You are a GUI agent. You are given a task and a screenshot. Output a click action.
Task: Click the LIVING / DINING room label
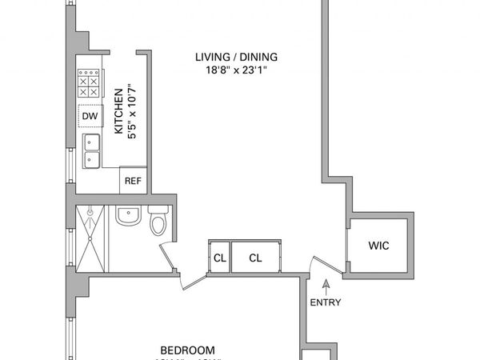click(x=237, y=56)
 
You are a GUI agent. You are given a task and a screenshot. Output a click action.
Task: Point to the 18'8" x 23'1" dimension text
click(x=237, y=70)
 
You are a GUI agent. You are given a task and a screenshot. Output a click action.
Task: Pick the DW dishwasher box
click(x=89, y=117)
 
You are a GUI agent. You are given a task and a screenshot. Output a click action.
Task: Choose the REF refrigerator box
click(x=133, y=181)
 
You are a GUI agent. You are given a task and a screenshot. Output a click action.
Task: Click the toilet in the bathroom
click(x=158, y=220)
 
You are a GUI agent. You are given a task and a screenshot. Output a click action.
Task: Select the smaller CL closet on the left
click(x=219, y=258)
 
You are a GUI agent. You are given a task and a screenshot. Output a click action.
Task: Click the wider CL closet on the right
click(x=255, y=258)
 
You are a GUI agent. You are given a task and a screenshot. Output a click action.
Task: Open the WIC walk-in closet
click(x=378, y=246)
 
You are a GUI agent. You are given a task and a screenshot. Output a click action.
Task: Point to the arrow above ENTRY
click(x=325, y=284)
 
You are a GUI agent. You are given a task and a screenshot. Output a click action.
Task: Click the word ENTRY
click(x=325, y=302)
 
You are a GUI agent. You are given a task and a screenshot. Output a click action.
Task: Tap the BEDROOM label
click(x=187, y=350)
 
